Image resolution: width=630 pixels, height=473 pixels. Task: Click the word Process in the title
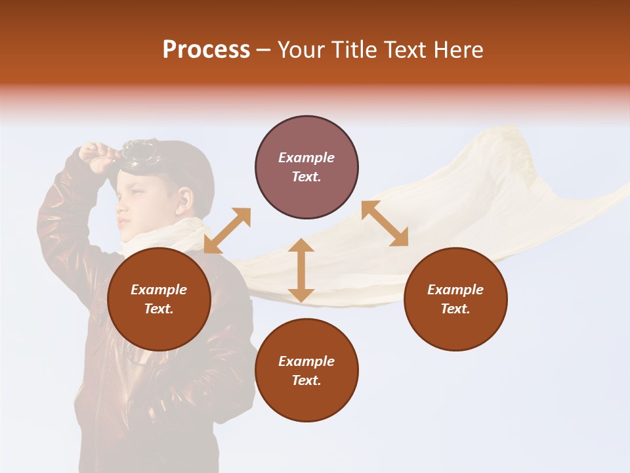[x=206, y=50]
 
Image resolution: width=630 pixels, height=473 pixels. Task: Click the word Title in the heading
[x=353, y=50]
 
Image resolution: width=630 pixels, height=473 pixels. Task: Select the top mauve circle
[x=306, y=168]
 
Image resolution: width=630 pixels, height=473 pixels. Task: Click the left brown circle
[x=159, y=300]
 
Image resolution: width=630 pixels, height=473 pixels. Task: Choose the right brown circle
[x=455, y=300]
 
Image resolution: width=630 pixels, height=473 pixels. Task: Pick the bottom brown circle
[x=306, y=371]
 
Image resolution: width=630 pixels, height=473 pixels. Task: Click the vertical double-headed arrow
[x=301, y=270]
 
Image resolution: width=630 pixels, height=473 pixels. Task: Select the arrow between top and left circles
[x=227, y=231]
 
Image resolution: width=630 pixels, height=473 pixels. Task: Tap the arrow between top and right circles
[x=385, y=223]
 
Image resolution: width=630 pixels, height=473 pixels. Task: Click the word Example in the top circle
[x=306, y=158]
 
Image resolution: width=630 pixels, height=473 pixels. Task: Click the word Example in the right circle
[x=455, y=290]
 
